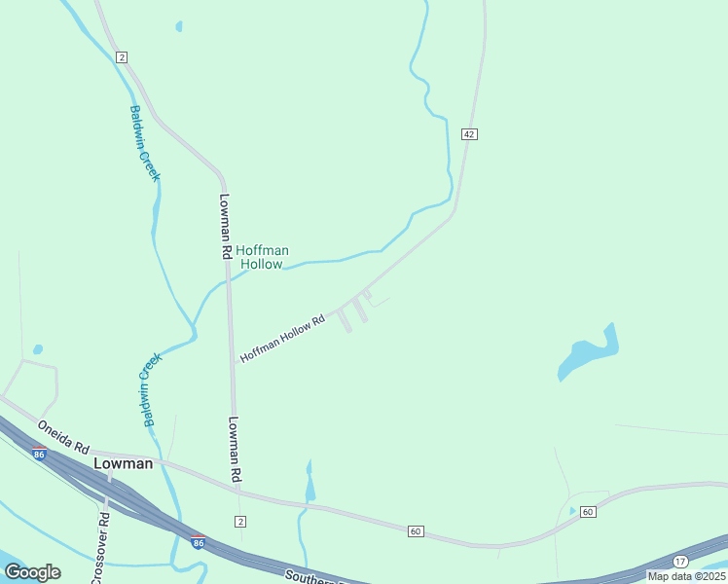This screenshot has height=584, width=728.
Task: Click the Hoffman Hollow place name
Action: [x=263, y=257]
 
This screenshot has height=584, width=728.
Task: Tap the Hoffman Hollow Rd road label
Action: [x=282, y=339]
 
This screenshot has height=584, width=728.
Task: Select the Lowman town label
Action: [x=123, y=464]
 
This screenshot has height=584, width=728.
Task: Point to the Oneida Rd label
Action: [x=63, y=437]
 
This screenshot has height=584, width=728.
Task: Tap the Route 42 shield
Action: [x=469, y=133]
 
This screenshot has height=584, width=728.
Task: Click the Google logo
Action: [x=32, y=572]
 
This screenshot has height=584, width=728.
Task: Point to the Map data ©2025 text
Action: [x=685, y=576]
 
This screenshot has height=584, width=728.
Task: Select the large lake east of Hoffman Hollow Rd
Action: [x=587, y=355]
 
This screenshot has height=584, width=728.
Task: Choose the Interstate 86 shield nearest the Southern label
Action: [x=199, y=542]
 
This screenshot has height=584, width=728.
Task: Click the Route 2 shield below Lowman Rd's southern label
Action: [x=239, y=521]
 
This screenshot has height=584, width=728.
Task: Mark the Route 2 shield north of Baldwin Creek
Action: [x=121, y=57]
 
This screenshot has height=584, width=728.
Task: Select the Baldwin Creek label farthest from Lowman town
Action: [x=144, y=142]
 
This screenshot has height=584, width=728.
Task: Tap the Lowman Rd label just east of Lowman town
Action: [x=235, y=450]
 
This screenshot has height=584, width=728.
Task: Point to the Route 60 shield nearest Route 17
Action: [x=587, y=512]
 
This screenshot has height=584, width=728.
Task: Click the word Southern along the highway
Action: [x=311, y=576]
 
